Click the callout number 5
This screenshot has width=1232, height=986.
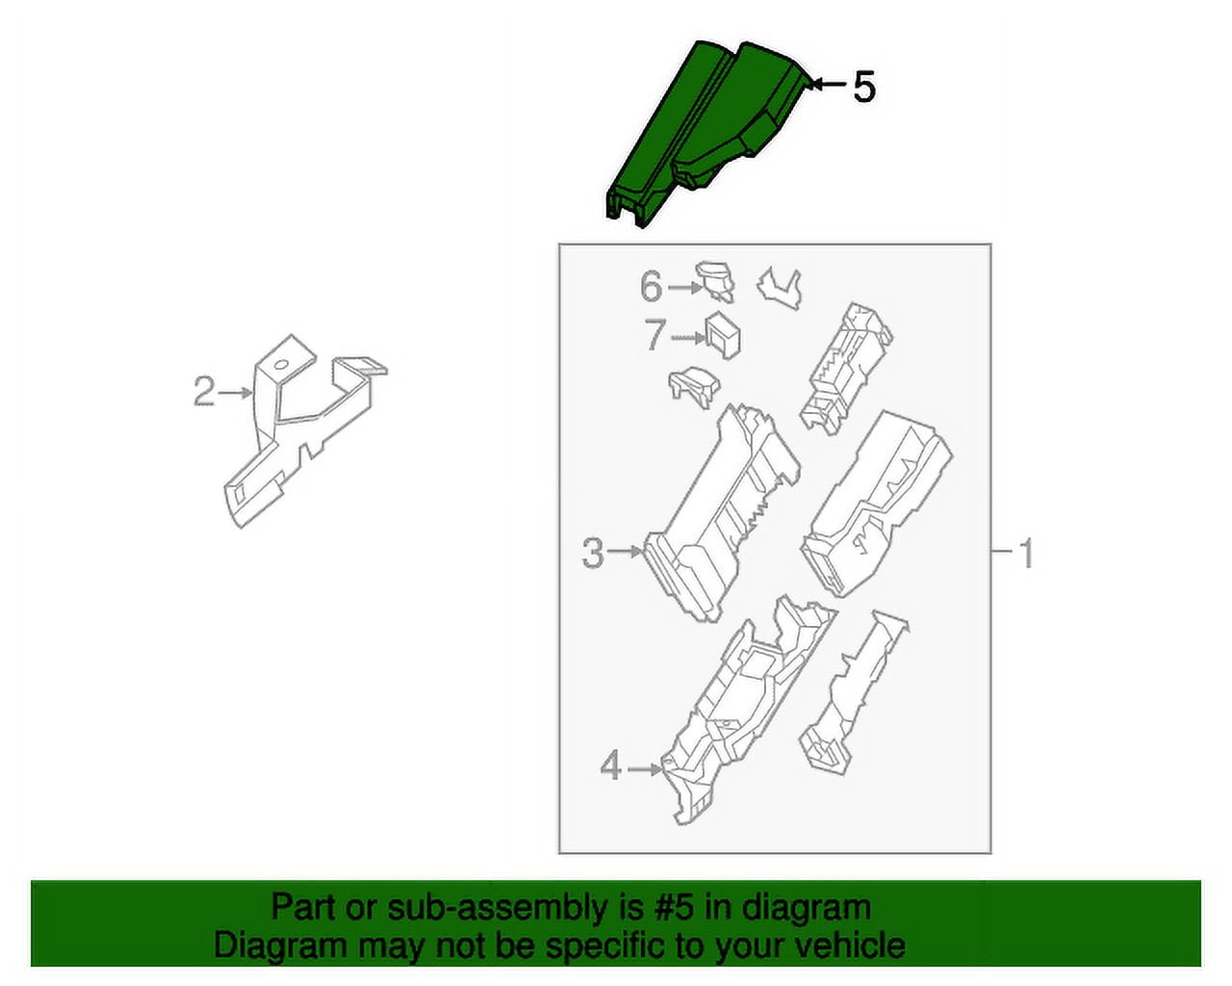[x=864, y=88]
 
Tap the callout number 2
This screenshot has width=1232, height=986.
[x=203, y=392]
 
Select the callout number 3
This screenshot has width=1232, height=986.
[x=593, y=553]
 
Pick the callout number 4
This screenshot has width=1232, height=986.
[x=610, y=767]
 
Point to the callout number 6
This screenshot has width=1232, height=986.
[x=652, y=287]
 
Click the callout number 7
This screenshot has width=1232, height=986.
[x=654, y=336]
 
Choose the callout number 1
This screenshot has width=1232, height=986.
[x=1026, y=554]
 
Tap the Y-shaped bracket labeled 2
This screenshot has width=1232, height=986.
[x=289, y=433]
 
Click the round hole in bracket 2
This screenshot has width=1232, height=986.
[x=278, y=365]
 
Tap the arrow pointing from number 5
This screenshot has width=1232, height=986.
[x=826, y=87]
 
